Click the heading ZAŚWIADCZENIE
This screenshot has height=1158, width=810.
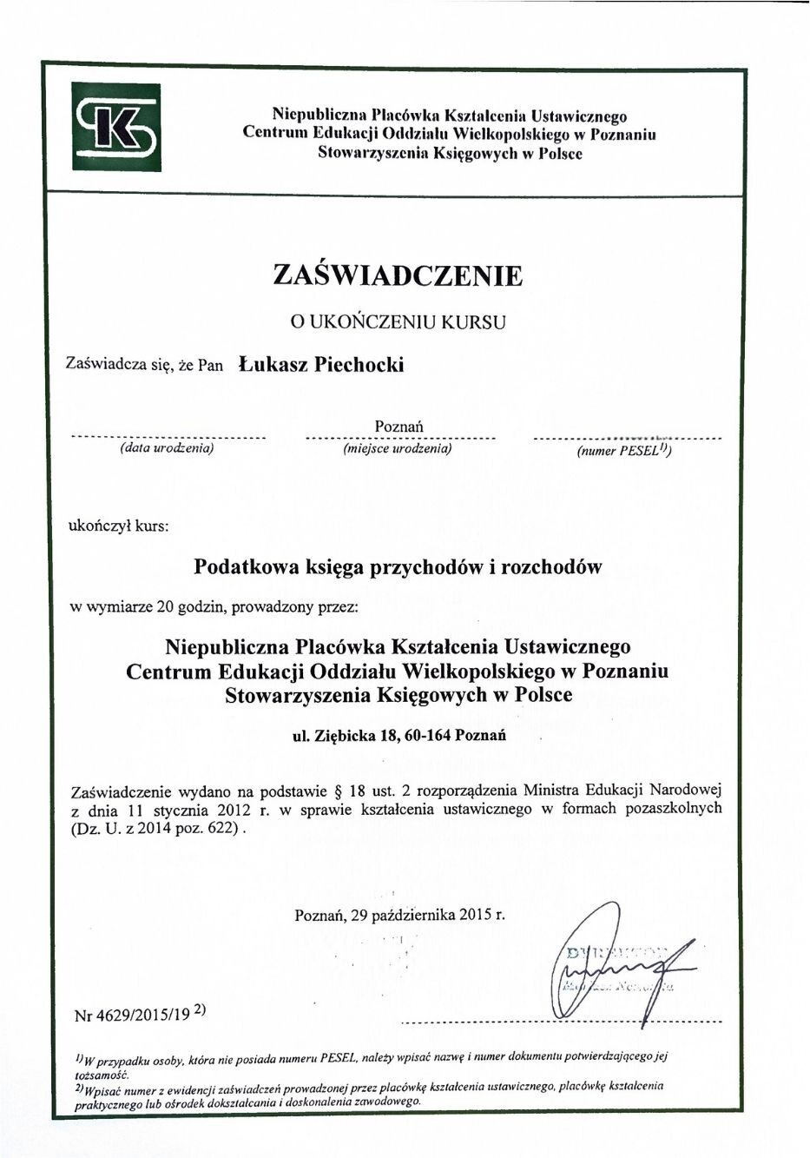398,275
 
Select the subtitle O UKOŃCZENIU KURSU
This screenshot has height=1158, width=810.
398,321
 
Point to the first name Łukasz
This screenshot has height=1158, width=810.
272,364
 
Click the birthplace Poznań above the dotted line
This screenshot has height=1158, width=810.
398,426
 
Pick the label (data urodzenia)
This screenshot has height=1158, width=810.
166,449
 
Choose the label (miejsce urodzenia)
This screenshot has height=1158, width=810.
398,449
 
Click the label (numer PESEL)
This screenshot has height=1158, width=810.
623,451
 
